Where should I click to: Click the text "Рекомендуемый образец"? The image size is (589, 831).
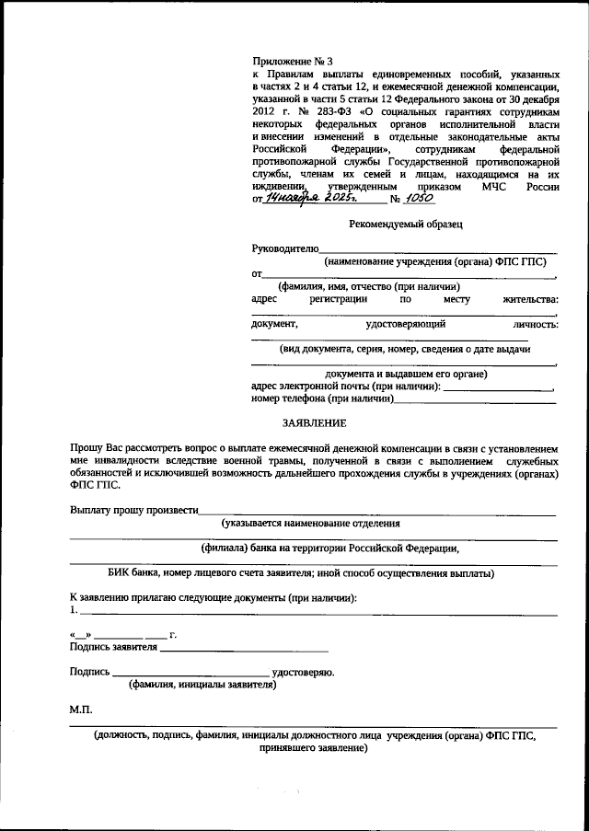405,224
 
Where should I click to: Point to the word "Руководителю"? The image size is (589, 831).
285,248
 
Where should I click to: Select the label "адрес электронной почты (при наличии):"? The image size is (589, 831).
345,387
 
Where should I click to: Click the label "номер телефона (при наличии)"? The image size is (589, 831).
322,399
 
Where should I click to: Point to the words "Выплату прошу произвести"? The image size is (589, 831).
133,510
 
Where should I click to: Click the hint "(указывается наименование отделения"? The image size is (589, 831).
311,523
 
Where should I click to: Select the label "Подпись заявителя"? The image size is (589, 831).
112,647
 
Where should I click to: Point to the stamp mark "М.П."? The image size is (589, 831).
81,710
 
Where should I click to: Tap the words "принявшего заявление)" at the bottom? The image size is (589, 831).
314,749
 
